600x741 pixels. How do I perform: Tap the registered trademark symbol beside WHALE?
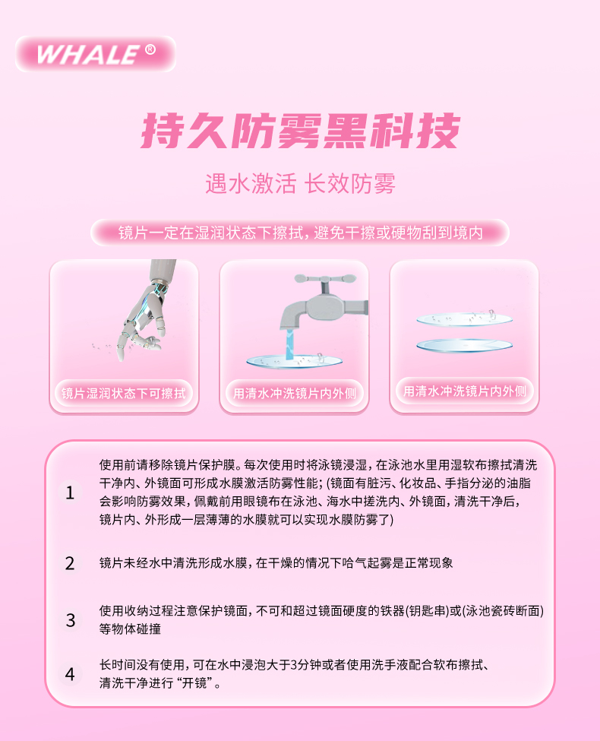point(150,49)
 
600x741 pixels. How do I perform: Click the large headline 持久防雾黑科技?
point(301,131)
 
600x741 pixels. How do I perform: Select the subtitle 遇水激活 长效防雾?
point(301,183)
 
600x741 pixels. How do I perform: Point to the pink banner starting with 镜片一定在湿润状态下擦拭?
point(300,233)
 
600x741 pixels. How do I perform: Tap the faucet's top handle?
point(324,280)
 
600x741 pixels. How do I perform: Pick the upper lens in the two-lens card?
point(464,319)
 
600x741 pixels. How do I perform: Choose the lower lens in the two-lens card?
point(464,346)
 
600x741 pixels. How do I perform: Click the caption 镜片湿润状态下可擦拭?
point(124,393)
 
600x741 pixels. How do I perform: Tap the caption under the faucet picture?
point(295,393)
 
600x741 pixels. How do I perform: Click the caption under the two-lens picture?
point(464,391)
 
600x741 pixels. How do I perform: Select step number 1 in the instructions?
point(70,492)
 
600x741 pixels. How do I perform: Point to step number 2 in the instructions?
point(70,563)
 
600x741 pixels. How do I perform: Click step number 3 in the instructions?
point(70,620)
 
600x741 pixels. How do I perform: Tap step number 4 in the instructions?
point(70,674)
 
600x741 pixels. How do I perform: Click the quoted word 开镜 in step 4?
point(194,683)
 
